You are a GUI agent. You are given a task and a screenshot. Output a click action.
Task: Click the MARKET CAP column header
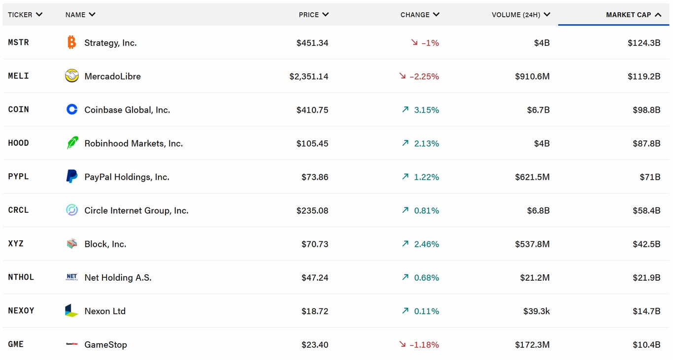pos(628,15)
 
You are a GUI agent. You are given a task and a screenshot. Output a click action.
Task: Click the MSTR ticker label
pos(19,42)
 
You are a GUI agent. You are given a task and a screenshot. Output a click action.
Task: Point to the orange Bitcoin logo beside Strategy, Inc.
pos(72,42)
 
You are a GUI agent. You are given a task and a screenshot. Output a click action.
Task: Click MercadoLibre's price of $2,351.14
pos(309,76)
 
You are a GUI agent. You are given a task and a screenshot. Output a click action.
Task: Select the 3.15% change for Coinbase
pos(426,110)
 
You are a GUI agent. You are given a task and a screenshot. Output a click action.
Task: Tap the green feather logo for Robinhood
pos(72,143)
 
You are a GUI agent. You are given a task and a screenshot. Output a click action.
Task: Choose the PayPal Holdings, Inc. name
pos(127,177)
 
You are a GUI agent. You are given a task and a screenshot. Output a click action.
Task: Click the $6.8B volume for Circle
pos(538,210)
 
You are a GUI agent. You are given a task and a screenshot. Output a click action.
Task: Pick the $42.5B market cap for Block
pos(646,244)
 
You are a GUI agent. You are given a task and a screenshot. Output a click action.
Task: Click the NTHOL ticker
pos(21,277)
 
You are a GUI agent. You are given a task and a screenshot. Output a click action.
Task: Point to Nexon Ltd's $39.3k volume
pos(536,311)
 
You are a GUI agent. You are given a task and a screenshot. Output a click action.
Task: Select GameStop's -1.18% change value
pos(424,344)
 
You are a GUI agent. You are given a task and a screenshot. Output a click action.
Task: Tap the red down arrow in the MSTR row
pos(414,43)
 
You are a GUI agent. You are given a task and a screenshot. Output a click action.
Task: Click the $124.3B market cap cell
pos(644,43)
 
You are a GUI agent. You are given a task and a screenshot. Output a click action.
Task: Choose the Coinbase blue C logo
pos(72,109)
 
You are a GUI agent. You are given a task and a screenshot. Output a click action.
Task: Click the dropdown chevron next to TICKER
pos(39,15)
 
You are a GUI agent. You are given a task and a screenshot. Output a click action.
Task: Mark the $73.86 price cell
pos(315,177)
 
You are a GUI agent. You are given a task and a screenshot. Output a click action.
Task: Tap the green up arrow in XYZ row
pos(405,243)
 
